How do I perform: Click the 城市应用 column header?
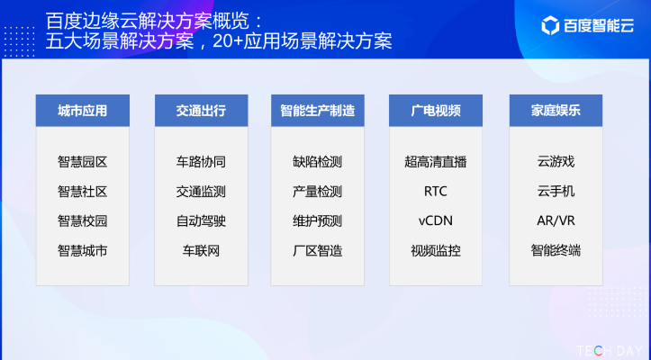82,111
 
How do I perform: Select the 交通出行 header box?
201,111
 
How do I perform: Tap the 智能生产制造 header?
317,111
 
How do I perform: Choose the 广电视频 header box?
436,111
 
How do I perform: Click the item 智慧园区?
82,162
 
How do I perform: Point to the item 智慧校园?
82,220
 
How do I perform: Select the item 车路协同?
201,162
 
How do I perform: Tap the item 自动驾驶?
201,220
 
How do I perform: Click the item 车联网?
201,250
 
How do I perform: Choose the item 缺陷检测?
317,162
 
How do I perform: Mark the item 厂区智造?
317,250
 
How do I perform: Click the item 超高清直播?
436,162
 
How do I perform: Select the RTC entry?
436,192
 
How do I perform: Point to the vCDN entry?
436,220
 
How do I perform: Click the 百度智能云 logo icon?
550,25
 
